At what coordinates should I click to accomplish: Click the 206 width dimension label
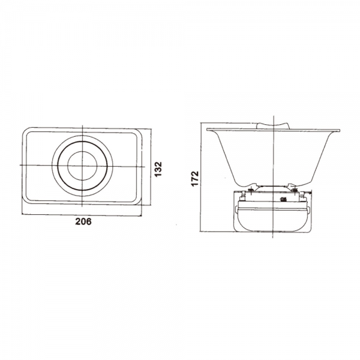tap(83, 221)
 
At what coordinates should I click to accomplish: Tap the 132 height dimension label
tap(158, 169)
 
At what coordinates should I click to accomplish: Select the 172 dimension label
tap(195, 178)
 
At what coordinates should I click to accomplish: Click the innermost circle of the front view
tap(82, 166)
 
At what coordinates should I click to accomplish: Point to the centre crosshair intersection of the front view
tap(82, 166)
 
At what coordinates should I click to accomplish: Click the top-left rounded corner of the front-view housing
tap(25, 130)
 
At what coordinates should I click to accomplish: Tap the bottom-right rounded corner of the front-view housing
tap(139, 202)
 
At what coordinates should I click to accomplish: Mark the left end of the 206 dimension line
tap(22, 214)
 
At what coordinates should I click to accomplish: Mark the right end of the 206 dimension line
tap(141, 216)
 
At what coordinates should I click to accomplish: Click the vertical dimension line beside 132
tap(151, 167)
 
